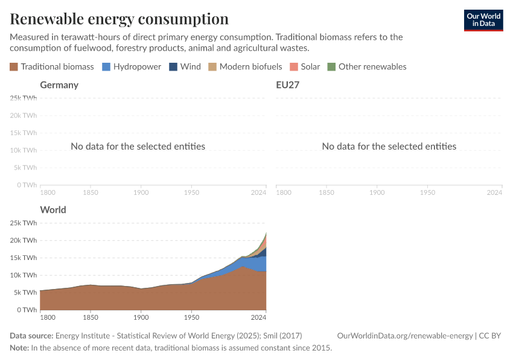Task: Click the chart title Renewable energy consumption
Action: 119,19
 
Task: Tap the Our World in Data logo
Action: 483,20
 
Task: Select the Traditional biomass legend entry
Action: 52,66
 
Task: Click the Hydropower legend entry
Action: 131,66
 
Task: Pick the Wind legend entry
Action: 185,66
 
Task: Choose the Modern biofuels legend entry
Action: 245,66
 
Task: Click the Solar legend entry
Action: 305,66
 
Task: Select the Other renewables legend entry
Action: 366,66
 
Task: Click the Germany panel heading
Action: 59,84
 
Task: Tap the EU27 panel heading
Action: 288,84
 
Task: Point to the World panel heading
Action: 53,210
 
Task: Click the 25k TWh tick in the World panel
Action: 24,223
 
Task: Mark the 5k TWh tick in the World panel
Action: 25,292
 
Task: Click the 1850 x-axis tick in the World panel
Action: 90,317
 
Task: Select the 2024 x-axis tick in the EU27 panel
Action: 494,192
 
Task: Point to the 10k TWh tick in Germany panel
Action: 24,150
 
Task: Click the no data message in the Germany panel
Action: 138,146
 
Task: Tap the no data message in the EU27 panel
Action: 389,146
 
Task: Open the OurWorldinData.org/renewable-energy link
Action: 405,335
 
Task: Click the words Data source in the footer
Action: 31,335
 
